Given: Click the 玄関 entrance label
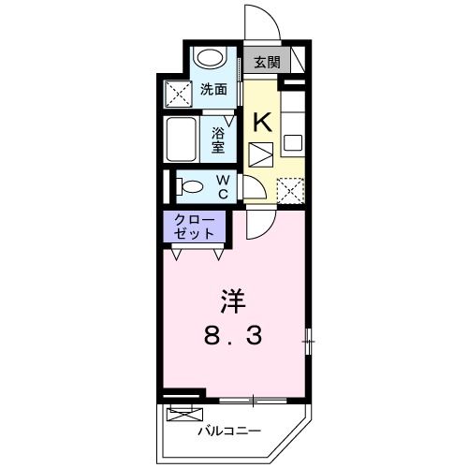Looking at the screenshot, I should [x=266, y=63].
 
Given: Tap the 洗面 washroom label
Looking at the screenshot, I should [x=213, y=90].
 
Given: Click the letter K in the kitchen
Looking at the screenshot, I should [x=263, y=121].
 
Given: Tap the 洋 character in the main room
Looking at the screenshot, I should [x=234, y=302].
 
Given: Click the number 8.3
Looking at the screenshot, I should [x=234, y=333].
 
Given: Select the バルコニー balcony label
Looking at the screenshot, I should [x=228, y=431].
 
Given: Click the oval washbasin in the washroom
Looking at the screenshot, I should [x=211, y=58].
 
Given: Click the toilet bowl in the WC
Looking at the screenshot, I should [x=190, y=185].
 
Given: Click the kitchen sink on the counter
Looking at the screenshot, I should [x=295, y=144].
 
